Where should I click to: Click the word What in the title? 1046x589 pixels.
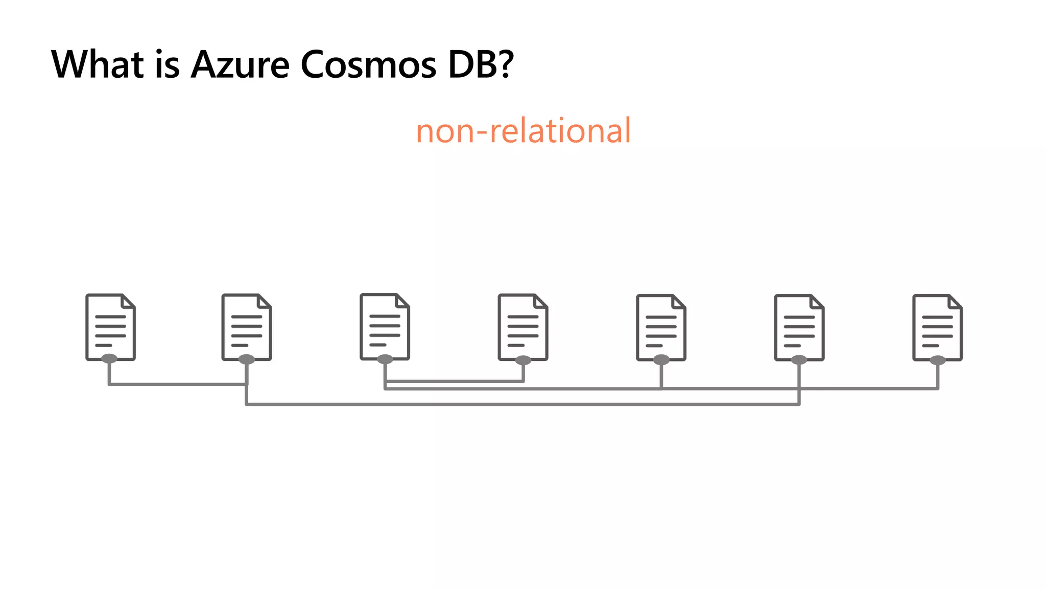point(97,64)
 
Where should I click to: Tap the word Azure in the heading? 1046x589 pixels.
point(240,64)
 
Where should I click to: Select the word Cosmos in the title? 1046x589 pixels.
point(368,64)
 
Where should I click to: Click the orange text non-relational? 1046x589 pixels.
point(524,130)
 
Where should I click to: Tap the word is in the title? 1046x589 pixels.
point(167,64)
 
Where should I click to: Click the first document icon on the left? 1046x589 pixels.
point(110,327)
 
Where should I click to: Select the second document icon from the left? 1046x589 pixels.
point(247,327)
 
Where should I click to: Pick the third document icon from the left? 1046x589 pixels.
point(385,327)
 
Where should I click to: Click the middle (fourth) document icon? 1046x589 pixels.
point(523,327)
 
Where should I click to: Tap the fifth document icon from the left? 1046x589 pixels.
point(661,328)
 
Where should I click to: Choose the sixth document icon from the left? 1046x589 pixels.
point(799,328)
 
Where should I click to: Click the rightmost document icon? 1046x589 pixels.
point(938,328)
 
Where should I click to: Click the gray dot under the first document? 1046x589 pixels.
point(109,358)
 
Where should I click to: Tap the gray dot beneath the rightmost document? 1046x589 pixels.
point(938,360)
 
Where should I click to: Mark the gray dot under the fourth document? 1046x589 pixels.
point(523,360)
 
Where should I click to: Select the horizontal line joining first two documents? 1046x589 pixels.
point(178,384)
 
